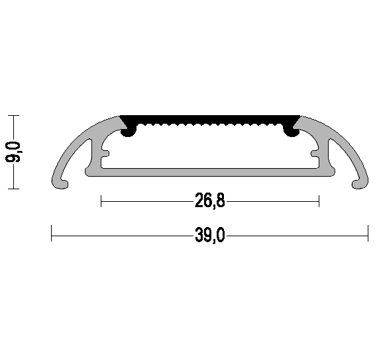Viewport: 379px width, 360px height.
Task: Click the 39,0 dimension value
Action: tap(210, 235)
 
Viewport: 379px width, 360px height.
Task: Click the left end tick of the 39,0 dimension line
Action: tap(52, 234)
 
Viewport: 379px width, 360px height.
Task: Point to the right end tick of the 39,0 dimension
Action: tap(368, 234)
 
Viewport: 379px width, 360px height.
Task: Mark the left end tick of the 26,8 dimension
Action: tap(101, 201)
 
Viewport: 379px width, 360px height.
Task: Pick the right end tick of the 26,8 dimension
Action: tap(319, 201)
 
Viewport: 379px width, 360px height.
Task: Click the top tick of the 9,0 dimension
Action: tap(15, 115)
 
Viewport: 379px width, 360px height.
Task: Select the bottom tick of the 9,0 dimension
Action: tap(15, 189)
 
